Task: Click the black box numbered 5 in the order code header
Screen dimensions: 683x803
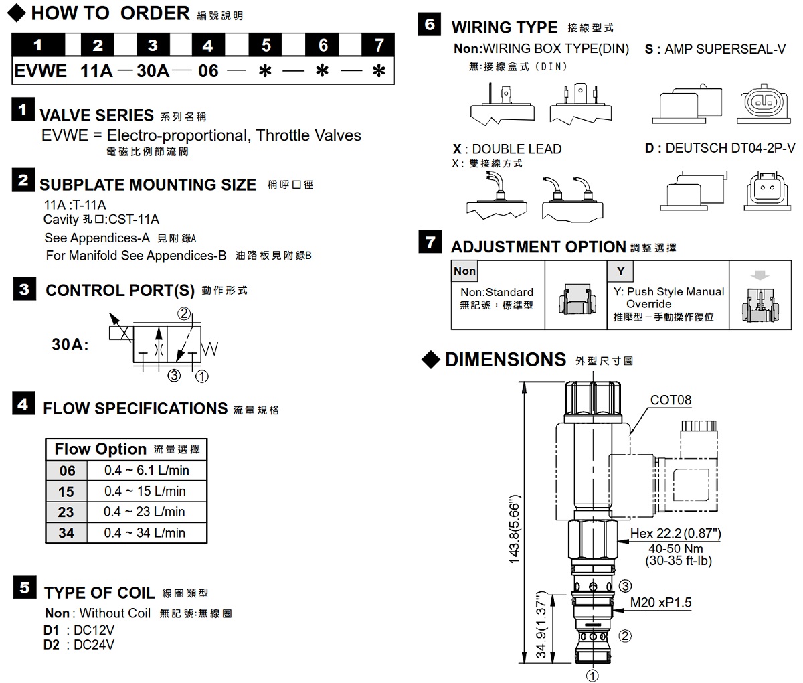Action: point(266,45)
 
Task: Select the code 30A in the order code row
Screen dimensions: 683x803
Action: point(153,70)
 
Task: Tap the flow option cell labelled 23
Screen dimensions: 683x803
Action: point(66,512)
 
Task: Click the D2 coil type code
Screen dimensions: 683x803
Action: point(52,645)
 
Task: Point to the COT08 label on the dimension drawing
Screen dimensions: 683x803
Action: point(671,400)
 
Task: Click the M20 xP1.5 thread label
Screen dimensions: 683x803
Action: point(660,603)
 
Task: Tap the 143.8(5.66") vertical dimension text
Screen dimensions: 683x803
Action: point(515,529)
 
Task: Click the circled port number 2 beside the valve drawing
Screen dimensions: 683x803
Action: point(625,635)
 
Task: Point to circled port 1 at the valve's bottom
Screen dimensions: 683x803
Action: point(592,675)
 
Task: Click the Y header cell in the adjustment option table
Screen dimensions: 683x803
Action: point(620,271)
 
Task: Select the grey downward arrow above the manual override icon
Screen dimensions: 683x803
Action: point(761,275)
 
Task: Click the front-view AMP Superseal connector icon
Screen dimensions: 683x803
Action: point(761,104)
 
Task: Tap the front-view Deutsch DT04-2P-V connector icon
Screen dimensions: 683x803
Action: point(762,191)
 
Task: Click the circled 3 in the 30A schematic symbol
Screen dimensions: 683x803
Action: point(174,376)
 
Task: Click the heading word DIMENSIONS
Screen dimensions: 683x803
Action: point(505,360)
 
